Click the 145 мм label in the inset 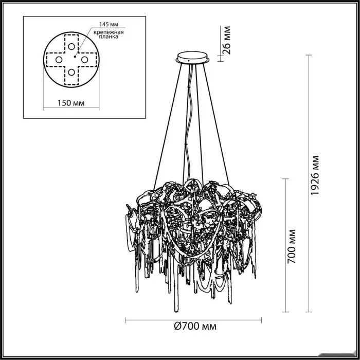[109, 24]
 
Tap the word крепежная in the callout [109, 32]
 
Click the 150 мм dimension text [71, 103]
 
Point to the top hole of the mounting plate [71, 47]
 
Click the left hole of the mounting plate [59, 60]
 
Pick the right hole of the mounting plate [84, 60]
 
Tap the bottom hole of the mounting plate [71, 73]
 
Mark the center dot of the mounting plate [75, 56]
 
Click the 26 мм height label [227, 40]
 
